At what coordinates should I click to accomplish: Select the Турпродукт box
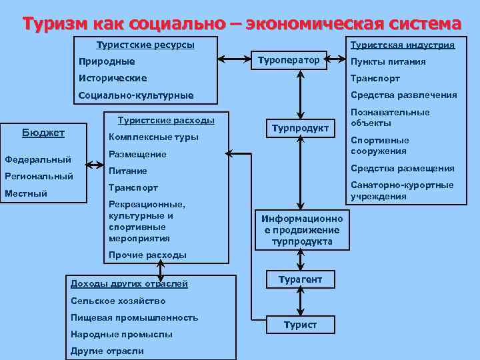[300, 128]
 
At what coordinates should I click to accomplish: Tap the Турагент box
[300, 280]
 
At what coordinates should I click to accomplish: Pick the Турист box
[300, 325]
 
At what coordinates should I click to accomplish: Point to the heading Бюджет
[43, 133]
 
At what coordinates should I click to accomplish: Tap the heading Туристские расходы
[166, 121]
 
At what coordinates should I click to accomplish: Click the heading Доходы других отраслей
[129, 283]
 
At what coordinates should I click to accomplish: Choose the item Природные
[107, 61]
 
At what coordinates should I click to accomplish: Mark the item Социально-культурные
[136, 95]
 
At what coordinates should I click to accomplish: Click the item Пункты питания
[388, 61]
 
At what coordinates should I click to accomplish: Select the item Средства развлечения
[403, 95]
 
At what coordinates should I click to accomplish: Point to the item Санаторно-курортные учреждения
[402, 190]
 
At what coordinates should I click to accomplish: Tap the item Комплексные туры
[153, 137]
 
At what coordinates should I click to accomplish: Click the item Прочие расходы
[147, 255]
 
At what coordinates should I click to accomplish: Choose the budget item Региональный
[39, 177]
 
